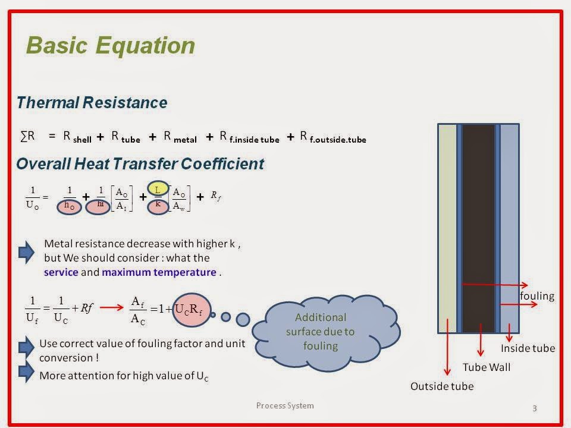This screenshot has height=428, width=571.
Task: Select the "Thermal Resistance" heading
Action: [92, 103]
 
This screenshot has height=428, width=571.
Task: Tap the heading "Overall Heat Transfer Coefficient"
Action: [140, 164]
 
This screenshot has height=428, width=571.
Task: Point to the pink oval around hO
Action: [70, 206]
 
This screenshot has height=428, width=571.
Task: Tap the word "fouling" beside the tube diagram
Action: [537, 296]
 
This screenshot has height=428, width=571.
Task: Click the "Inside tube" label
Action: [528, 348]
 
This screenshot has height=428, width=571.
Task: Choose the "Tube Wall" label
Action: [487, 367]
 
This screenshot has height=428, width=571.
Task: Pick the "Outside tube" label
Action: [442, 386]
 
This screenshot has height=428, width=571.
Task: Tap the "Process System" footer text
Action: [285, 405]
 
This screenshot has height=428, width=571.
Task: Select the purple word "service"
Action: [61, 272]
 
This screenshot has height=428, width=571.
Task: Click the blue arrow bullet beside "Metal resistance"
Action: [27, 252]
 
